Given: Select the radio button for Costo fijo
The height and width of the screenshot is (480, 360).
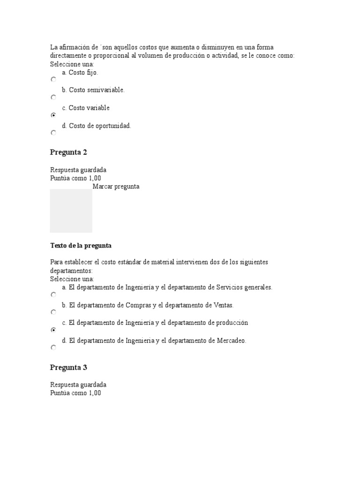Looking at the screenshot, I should [53, 80].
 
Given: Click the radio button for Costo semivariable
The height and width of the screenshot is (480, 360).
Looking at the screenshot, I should [53, 97].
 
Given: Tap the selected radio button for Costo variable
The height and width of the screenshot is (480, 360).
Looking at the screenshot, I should [53, 115].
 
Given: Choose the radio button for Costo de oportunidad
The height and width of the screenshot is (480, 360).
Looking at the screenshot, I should [53, 133].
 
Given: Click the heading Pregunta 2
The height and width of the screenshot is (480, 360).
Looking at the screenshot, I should [68, 152].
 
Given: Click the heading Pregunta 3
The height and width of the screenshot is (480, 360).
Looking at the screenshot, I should [68, 367].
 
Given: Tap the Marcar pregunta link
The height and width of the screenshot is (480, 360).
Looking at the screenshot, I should [116, 187].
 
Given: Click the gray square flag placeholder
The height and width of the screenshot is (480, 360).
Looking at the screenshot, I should [71, 211].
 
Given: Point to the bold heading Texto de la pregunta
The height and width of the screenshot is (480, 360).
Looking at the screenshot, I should [81, 246].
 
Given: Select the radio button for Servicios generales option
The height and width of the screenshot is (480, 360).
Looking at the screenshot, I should [53, 295].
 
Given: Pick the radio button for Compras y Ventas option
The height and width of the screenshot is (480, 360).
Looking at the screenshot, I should [53, 312].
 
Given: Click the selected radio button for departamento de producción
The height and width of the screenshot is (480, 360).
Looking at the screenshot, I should [53, 330].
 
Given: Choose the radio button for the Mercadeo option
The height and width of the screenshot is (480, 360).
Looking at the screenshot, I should [53, 348].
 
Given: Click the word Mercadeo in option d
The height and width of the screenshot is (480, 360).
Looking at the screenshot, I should [231, 341].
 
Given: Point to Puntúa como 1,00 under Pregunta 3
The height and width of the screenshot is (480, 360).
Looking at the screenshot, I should [75, 393].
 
